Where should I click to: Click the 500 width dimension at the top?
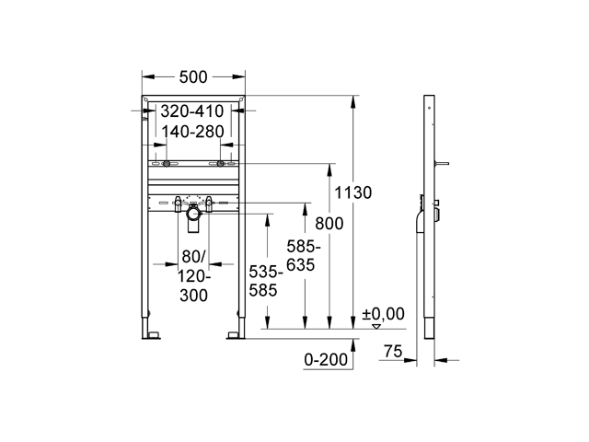(193, 77)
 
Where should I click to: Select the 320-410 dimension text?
(193, 112)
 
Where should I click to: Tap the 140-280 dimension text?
(193, 133)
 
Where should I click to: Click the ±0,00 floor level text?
(384, 314)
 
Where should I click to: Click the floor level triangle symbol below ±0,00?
(375, 326)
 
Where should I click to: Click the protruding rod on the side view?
(444, 165)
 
